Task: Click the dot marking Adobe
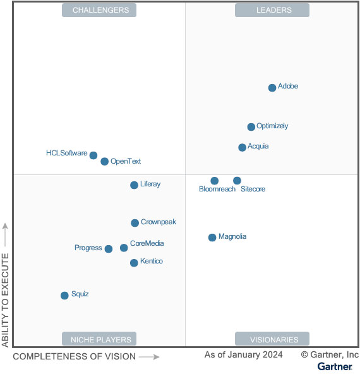tap(272, 88)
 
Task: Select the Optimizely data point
tap(251, 127)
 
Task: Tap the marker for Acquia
tap(243, 147)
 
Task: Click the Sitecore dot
tap(237, 181)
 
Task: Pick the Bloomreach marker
tap(215, 181)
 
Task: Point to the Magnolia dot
tap(212, 238)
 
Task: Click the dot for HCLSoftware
tap(93, 155)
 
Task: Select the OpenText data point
tap(105, 162)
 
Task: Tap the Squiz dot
tap(64, 296)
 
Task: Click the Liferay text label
tap(150, 184)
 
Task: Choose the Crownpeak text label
tap(159, 222)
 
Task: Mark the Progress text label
tap(88, 248)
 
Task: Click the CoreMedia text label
tap(147, 243)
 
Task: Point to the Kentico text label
tap(152, 262)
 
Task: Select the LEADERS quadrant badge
tap(272, 10)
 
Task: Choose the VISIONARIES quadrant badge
tap(272, 339)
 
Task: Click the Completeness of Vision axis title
tap(74, 356)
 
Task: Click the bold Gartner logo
tap(335, 366)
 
